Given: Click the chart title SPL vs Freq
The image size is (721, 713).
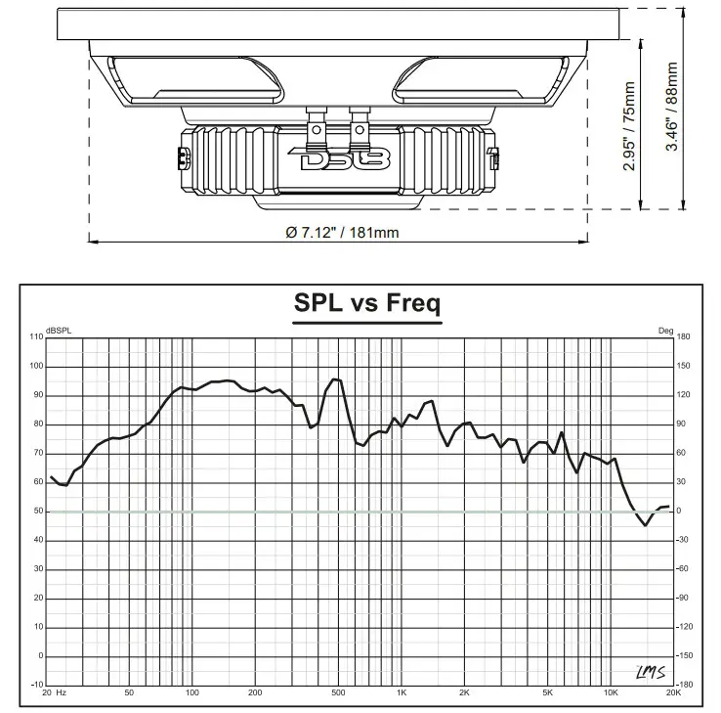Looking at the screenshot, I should tap(366, 303).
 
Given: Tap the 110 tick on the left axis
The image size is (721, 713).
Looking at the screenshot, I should tap(36, 337).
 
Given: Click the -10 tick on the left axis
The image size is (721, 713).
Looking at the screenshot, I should tap(36, 685).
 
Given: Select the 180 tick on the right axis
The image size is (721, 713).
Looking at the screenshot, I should tap(684, 337).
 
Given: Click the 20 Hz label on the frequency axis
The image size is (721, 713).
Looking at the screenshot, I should tap(54, 693).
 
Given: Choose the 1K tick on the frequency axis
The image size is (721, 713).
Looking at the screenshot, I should tap(402, 693).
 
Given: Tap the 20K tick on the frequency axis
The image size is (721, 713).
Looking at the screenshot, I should tap(672, 693).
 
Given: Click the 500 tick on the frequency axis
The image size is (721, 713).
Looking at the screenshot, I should tap(338, 693).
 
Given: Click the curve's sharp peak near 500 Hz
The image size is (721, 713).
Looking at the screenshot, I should tap(336, 379).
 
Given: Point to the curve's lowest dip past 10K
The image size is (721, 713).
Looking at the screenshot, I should tap(645, 525).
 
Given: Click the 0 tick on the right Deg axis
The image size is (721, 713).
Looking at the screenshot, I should tap(679, 512).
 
